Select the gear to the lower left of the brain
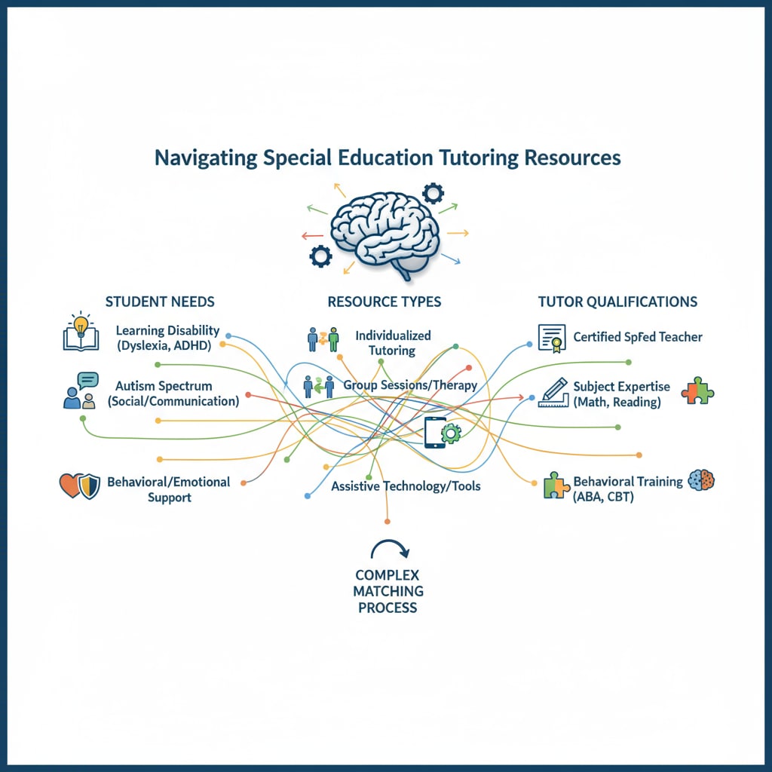pyautogui.click(x=320, y=256)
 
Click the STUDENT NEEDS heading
pyautogui.click(x=160, y=302)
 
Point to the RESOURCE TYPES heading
pyautogui.click(x=384, y=302)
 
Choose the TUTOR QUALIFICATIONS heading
pyautogui.click(x=617, y=302)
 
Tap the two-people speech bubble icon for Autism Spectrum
pyautogui.click(x=81, y=391)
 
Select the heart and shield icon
pyautogui.click(x=79, y=486)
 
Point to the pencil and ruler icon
pyautogui.click(x=552, y=392)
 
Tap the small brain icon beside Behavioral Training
pyautogui.click(x=701, y=480)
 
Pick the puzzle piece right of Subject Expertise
pyautogui.click(x=697, y=392)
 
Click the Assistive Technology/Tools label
pyautogui.click(x=406, y=486)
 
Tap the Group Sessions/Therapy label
pyautogui.click(x=410, y=385)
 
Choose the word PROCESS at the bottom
pyautogui.click(x=388, y=608)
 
